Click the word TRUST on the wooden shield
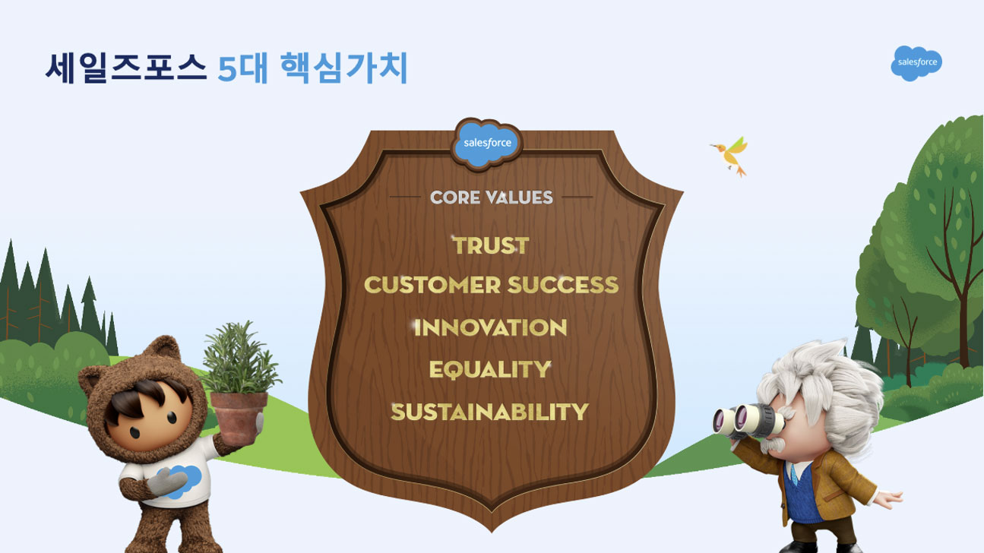491,245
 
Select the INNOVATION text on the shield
491,327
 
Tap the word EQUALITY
490,369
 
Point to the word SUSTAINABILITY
490,412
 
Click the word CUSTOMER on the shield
432,285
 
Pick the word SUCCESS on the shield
563,285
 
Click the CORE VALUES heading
491,197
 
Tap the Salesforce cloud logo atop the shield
487,143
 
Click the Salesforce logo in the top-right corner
916,63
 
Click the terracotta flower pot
239,417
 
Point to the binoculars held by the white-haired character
748,421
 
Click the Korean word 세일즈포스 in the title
126,68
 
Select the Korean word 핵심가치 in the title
344,68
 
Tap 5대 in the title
243,68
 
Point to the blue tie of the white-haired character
794,475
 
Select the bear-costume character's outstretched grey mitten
166,482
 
